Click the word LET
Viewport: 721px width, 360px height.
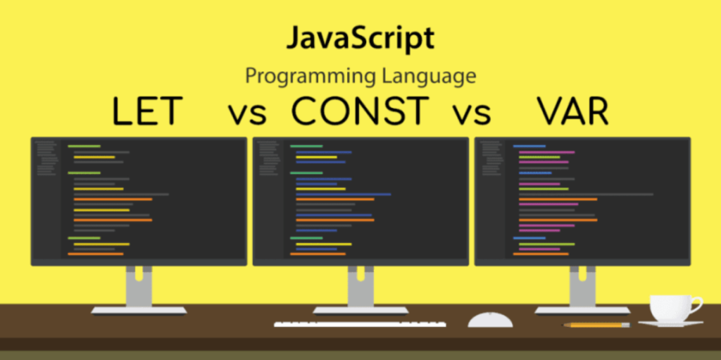pyautogui.click(x=147, y=112)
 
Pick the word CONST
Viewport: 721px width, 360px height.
pyautogui.click(x=360, y=112)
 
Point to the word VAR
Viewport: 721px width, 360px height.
pyautogui.click(x=573, y=112)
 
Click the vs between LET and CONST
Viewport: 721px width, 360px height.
pyautogui.click(x=247, y=115)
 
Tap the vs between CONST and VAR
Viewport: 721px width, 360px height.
pyautogui.click(x=471, y=115)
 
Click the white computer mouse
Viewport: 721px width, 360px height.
pyautogui.click(x=490, y=320)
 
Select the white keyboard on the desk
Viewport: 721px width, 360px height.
pyautogui.click(x=360, y=324)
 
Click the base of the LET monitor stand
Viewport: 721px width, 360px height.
pyautogui.click(x=139, y=311)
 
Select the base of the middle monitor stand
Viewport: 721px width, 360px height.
pyautogui.click(x=360, y=311)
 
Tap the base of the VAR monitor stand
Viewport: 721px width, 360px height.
pyautogui.click(x=582, y=311)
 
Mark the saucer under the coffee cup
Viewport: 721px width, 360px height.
pyautogui.click(x=670, y=323)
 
